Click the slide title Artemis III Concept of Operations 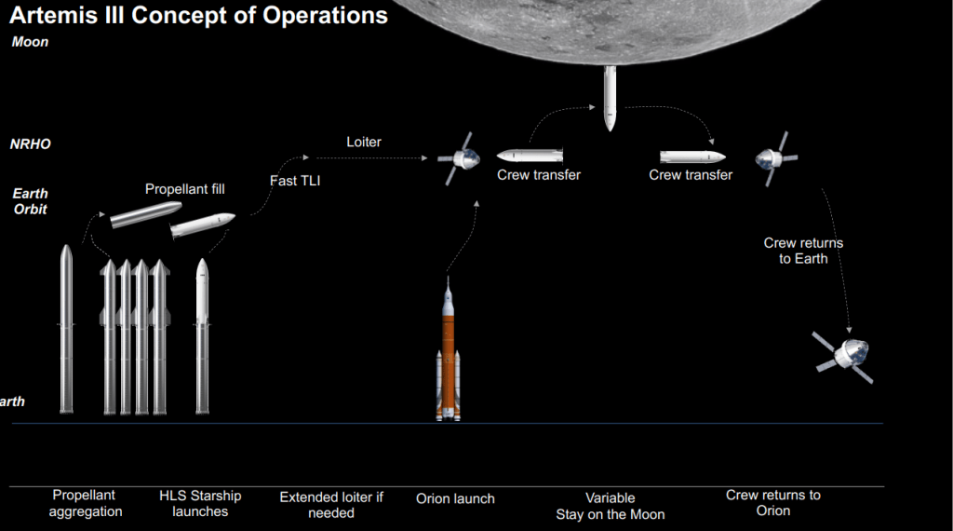[197, 15]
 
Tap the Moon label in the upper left [30, 42]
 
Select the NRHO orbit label [30, 144]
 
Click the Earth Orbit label [30, 201]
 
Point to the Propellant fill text [184, 189]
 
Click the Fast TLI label [295, 181]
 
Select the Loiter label [364, 143]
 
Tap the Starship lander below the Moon [610, 98]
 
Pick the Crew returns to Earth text [803, 251]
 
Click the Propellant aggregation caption [86, 504]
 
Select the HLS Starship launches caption [200, 504]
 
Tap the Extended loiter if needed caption [331, 505]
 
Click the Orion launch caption [455, 499]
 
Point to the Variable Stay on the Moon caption [610, 507]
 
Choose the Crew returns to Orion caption [772, 503]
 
